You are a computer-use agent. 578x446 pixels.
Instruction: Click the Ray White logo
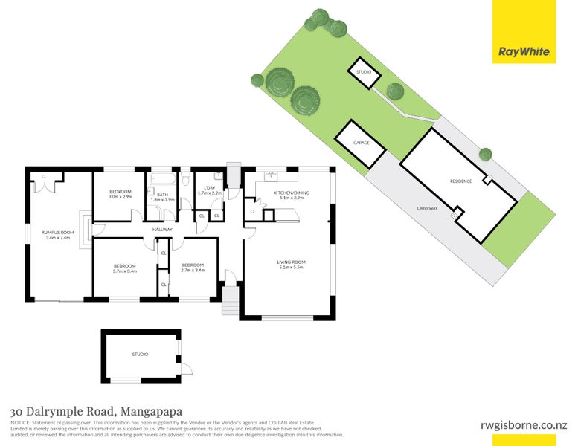coord(524,53)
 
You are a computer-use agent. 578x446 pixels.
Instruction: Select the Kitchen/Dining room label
coord(292,194)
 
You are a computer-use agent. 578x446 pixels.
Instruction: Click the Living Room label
coord(292,265)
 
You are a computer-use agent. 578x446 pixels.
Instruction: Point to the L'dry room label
coord(210,190)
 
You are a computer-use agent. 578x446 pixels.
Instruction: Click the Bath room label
coord(162,196)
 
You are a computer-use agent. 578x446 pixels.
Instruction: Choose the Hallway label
coord(162,230)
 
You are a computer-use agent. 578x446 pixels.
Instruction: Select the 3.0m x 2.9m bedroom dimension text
coord(121,197)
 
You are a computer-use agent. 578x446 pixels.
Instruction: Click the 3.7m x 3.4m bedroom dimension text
coord(124,271)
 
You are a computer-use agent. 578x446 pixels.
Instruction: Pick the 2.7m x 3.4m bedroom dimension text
coord(193,271)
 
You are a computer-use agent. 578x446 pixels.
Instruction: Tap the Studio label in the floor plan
coord(140,355)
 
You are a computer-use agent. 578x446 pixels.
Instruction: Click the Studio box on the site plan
coord(364,72)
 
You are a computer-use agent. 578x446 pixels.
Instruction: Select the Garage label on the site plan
coord(361,142)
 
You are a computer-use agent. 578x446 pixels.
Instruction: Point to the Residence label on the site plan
coord(460,181)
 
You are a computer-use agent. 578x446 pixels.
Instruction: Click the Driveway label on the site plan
coord(428,208)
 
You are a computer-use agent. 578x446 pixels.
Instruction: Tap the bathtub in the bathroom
coord(162,179)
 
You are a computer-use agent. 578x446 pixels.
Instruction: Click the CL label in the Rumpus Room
coord(45,176)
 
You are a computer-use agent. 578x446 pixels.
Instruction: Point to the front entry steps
coord(230,302)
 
